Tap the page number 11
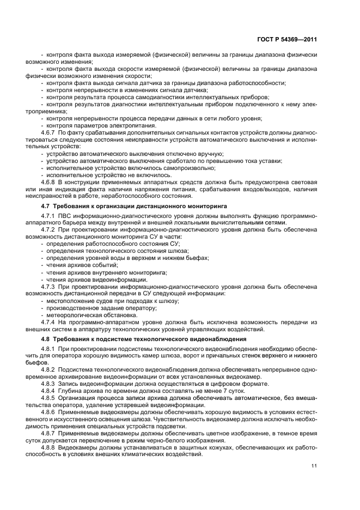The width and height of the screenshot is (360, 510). click(x=314, y=465)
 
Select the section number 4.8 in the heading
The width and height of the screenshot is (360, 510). click(x=45, y=339)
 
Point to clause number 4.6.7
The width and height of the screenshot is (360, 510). click(x=49, y=132)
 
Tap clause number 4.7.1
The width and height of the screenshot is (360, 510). click(x=49, y=216)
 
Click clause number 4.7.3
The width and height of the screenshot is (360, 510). click(x=49, y=286)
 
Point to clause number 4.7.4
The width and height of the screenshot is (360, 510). click(x=49, y=321)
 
